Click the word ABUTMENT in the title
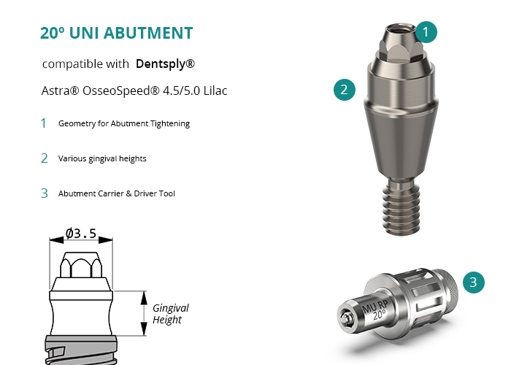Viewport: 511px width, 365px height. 148,33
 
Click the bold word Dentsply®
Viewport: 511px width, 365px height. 165,64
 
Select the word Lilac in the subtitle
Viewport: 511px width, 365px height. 215,91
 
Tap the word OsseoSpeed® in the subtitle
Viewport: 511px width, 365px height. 121,91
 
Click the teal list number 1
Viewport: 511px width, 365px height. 43,123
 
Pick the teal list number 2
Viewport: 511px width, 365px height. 45,158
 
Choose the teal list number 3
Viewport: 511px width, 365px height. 45,193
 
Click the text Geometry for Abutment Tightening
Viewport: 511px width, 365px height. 124,123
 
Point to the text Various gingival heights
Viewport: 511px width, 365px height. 102,158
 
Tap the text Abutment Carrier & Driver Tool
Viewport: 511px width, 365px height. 117,193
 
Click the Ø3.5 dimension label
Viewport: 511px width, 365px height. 81,234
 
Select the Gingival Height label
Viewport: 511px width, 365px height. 171,314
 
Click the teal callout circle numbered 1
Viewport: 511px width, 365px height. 426,32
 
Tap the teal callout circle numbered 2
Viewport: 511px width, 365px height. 345,90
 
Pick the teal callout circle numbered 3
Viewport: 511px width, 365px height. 474,283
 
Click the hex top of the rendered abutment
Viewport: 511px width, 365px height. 401,43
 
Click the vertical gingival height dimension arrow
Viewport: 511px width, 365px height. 144,313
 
